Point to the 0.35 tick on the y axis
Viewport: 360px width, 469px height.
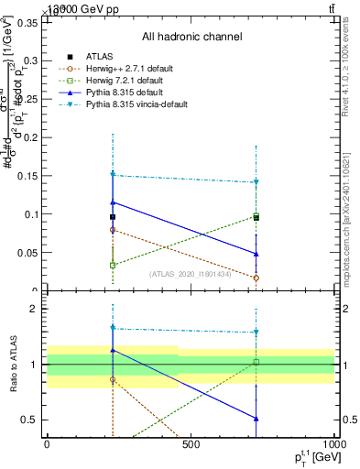coord(27,23)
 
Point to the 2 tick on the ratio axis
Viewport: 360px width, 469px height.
coord(32,309)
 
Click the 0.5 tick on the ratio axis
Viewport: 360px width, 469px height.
coord(28,420)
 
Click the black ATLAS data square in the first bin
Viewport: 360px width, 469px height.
coord(113,217)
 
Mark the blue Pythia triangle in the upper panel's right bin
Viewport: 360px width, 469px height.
coord(256,254)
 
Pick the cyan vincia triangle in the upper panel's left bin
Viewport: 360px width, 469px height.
coord(113,174)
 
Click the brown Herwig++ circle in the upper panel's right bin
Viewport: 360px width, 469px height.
coord(256,278)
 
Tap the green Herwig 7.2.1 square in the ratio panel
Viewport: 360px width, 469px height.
coord(256,362)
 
